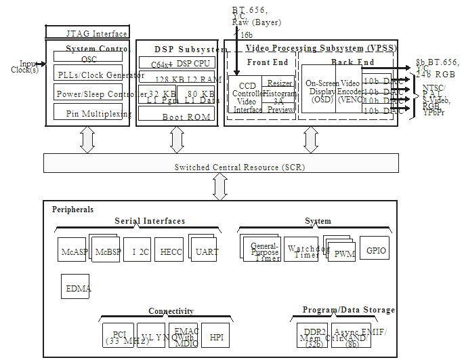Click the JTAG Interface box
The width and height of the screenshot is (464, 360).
point(87,33)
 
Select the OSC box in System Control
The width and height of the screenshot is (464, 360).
point(89,59)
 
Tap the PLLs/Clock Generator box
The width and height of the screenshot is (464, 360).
point(91,75)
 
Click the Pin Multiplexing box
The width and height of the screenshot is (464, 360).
point(91,114)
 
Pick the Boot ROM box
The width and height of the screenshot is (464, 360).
point(176,116)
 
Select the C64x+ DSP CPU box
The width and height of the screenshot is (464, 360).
point(176,63)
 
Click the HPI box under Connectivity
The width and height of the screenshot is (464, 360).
point(216,336)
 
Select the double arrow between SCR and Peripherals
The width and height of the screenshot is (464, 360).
point(219,186)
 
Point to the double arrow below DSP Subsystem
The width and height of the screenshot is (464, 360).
point(177,140)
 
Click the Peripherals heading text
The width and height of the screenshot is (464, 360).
point(72,209)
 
